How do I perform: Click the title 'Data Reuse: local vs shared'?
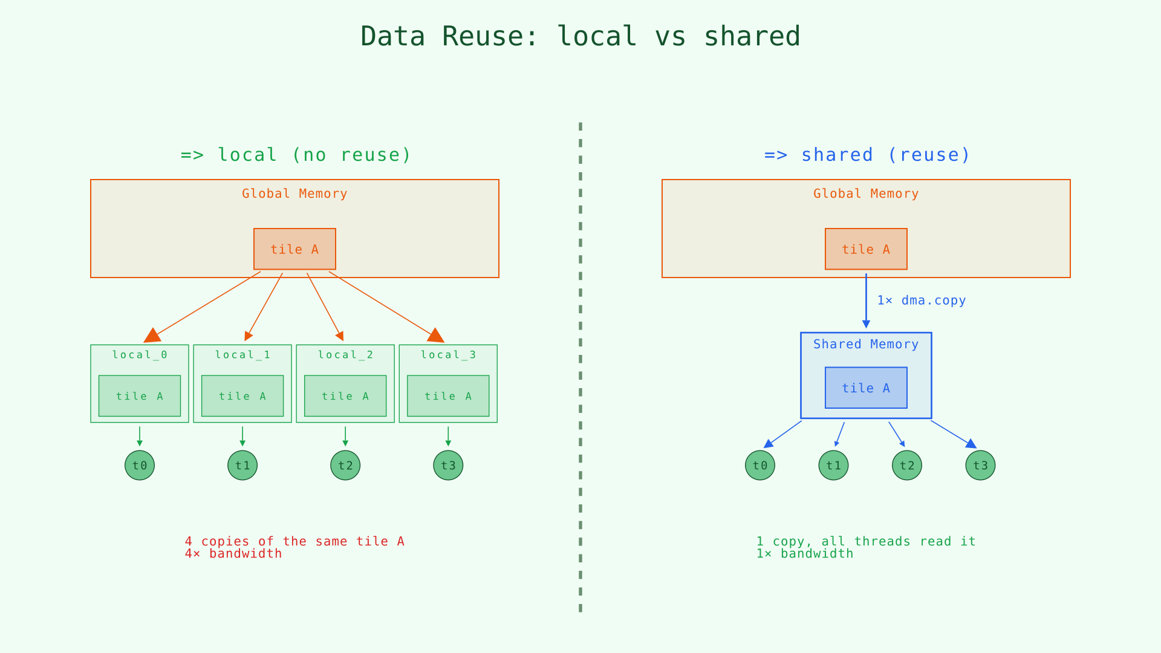pos(580,36)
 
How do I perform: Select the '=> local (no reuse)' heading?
pos(296,155)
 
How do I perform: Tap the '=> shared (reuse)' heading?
pos(867,155)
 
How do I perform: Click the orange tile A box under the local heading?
pos(294,249)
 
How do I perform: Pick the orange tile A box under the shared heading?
pos(866,249)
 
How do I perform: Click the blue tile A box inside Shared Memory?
pos(866,388)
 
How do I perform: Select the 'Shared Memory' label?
pos(866,345)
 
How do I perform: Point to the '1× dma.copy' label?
pos(921,301)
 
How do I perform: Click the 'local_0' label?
pos(140,355)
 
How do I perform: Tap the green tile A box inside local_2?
pos(345,396)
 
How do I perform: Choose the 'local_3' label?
pos(448,355)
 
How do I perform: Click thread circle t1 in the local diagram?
pos(242,466)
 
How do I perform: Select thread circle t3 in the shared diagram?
pos(980,466)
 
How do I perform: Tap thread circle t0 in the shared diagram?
pos(760,466)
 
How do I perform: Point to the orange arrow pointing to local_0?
pos(206,305)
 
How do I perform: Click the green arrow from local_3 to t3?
pos(448,436)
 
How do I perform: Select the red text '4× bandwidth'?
pos(233,554)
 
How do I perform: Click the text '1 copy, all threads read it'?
pos(866,541)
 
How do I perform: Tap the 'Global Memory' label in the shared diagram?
pos(866,194)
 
